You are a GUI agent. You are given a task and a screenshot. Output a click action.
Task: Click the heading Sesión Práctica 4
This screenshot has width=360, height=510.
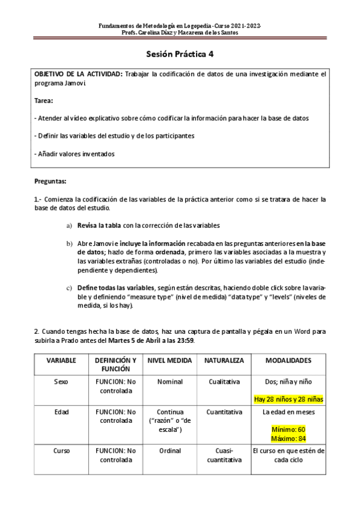pos(180,54)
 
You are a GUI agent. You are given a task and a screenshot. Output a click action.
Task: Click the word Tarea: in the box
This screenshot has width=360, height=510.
pos(44,100)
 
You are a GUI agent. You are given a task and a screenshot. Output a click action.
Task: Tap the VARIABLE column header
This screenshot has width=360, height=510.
pos(61,360)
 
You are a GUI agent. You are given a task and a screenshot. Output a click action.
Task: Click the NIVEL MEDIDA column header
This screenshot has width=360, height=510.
pos(169,360)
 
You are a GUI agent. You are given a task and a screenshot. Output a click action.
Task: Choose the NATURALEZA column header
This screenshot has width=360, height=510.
pos(224,360)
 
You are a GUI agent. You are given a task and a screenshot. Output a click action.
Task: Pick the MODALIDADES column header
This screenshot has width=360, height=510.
pos(288,360)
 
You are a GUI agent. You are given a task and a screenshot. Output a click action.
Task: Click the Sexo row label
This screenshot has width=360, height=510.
pos(61,381)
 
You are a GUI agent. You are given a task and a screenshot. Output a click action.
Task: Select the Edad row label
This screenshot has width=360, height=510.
pos(61,412)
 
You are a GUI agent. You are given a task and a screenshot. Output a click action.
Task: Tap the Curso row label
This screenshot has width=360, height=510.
pos(61,450)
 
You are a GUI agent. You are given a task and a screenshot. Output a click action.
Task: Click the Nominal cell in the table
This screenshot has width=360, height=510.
pos(169,381)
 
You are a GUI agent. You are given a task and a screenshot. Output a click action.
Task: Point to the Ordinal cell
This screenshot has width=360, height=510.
pos(169,450)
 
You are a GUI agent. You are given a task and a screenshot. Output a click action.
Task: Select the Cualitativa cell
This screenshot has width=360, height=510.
pos(224,381)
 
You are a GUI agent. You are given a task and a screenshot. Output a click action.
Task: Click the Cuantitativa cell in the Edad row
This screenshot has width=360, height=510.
pos(224,412)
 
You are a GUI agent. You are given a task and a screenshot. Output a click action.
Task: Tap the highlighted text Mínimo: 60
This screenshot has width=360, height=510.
pos(288,429)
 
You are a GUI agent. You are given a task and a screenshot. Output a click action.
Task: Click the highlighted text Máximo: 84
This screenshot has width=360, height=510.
pos(288,438)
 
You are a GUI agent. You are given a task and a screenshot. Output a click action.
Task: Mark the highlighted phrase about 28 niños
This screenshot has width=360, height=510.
pos(288,398)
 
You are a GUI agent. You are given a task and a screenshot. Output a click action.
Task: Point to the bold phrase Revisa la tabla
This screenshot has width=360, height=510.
pos(99,226)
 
